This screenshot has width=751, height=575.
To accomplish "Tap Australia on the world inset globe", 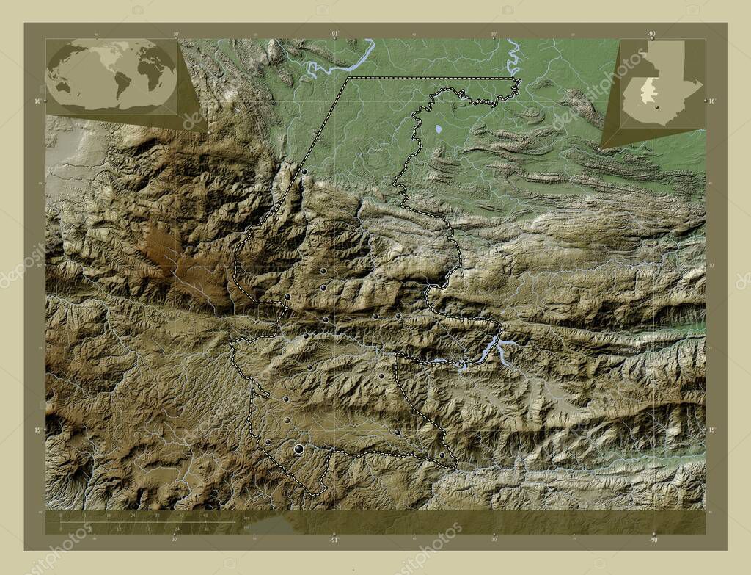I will (x=65, y=85).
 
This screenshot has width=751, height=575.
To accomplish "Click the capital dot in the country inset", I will (x=658, y=107).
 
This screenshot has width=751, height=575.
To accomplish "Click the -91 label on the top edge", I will (x=334, y=34).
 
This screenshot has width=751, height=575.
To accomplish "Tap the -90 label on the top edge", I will (x=652, y=34).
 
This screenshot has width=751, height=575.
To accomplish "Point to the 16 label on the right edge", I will (x=711, y=101).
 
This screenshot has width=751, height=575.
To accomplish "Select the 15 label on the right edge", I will (x=711, y=430).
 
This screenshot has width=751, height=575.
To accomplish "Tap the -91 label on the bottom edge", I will (x=334, y=540).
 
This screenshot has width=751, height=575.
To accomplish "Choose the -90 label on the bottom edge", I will (x=652, y=540).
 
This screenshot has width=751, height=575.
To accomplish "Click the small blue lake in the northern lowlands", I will (x=439, y=129).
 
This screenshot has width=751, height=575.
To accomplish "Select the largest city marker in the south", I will (x=298, y=449).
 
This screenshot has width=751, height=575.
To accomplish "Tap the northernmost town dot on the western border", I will (x=304, y=172).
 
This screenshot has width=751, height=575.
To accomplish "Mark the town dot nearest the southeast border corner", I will (x=442, y=455).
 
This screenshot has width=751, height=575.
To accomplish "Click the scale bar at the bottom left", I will (x=147, y=522).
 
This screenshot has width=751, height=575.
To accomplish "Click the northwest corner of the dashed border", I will (x=349, y=78).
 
